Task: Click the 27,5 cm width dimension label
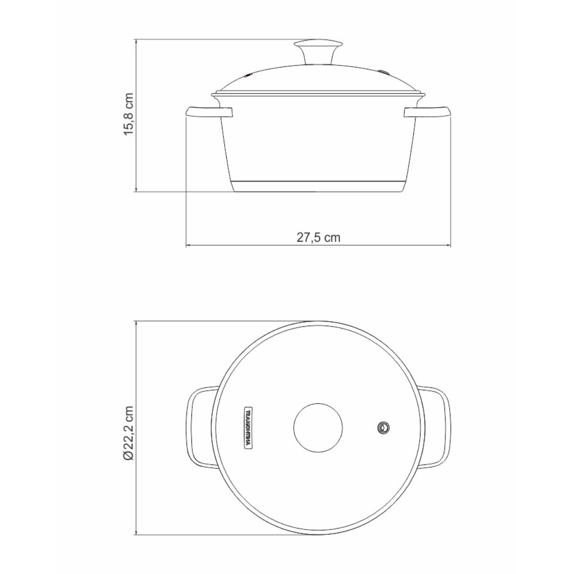click(318, 237)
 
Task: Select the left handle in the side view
click(209, 113)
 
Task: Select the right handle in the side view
click(427, 113)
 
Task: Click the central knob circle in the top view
click(318, 427)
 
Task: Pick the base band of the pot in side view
click(318, 187)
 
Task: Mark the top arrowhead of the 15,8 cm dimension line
click(137, 42)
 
